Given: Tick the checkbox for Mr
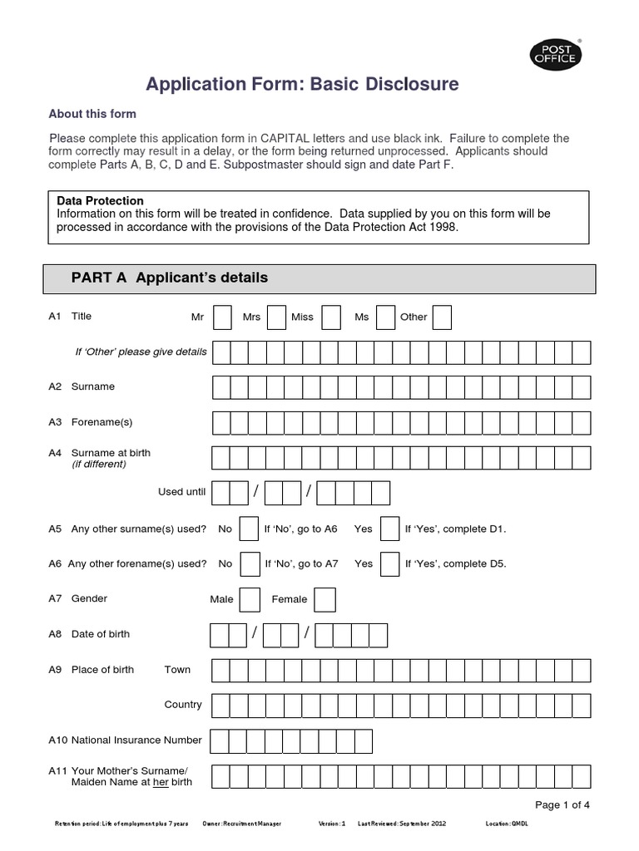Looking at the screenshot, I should click(223, 317).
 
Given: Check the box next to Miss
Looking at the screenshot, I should click(331, 317).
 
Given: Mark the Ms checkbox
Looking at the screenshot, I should click(385, 317).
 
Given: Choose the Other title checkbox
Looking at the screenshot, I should click(443, 317).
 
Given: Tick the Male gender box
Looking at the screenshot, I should click(249, 599).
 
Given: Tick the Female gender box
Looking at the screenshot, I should click(324, 599).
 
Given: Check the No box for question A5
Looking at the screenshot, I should click(249, 529).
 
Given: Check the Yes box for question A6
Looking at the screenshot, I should click(389, 563).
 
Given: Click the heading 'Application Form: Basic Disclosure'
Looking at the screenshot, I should click(302, 84).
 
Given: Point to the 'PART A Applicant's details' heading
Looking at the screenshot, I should click(170, 278).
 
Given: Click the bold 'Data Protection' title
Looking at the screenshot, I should click(100, 201).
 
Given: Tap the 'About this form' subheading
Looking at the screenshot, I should click(92, 114).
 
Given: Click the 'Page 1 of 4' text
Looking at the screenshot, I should click(562, 804).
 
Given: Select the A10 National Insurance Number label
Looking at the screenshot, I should click(125, 740).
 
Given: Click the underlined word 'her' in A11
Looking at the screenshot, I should click(161, 782).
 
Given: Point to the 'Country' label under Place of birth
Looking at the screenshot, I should click(183, 705).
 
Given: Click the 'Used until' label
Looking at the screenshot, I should click(181, 492).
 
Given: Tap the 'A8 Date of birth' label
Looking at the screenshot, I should click(90, 634).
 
